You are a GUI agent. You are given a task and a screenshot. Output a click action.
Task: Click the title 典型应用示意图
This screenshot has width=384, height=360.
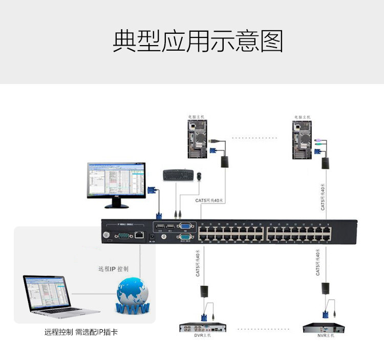pyautogui.click(x=198, y=41)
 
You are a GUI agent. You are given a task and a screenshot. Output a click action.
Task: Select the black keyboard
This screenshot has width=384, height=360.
pyautogui.click(x=178, y=175)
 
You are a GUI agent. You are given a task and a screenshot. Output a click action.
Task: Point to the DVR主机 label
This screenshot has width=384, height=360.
pyautogui.click(x=202, y=336)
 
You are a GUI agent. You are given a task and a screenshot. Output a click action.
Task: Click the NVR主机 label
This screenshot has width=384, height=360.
pyautogui.click(x=325, y=336)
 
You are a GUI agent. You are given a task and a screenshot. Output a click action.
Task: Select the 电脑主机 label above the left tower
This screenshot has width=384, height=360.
pyautogui.click(x=196, y=117)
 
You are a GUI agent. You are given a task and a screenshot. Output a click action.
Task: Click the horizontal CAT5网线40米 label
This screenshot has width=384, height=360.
pyautogui.click(x=210, y=200)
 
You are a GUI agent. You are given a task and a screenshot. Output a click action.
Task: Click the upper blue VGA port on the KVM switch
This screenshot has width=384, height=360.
pyautogui.click(x=185, y=227)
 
